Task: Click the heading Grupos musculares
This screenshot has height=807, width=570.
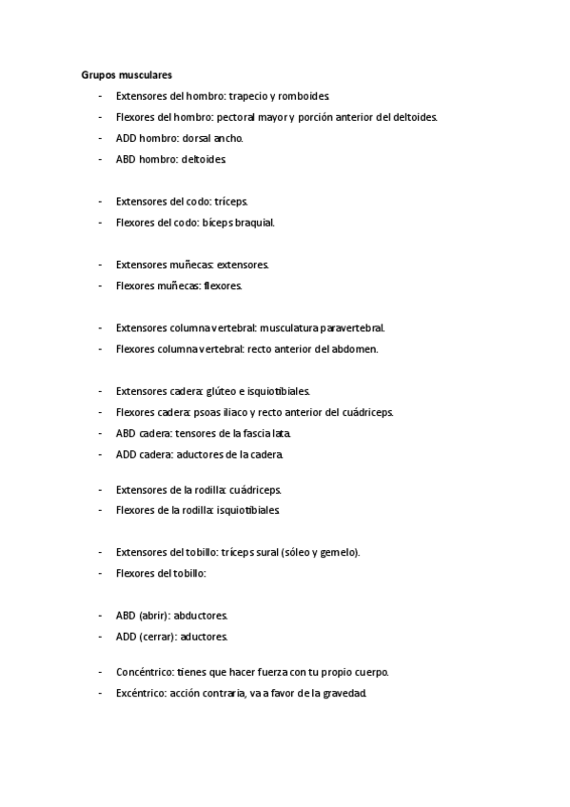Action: coord(127,73)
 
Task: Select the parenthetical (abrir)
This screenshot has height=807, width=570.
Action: coord(154,615)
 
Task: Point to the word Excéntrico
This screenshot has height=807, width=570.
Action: coord(142,693)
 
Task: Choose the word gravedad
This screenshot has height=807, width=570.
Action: coord(344,693)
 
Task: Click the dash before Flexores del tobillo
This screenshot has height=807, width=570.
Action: coord(100,573)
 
